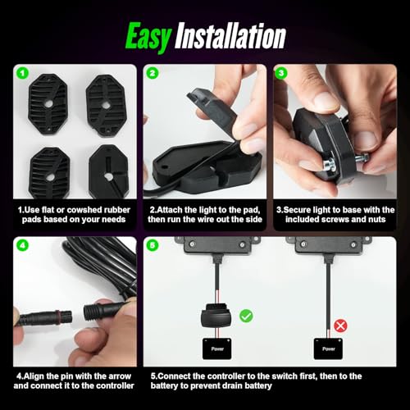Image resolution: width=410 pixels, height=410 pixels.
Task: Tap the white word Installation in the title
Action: pos(230,36)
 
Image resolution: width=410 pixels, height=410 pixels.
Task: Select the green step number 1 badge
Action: pos(23,73)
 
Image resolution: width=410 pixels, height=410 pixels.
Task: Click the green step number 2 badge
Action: pos(153,73)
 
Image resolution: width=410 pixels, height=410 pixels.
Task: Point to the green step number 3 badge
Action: pos(282,73)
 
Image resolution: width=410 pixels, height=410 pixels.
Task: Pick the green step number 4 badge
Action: pos(23,245)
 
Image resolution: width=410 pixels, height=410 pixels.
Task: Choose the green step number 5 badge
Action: pos(153,245)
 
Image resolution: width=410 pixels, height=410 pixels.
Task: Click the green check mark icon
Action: pos(246,317)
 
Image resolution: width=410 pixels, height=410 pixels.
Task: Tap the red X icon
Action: pos(340,326)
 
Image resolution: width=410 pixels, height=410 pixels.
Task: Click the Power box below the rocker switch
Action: pos(217,348)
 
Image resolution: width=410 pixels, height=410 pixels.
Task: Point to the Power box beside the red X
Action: pos(328,348)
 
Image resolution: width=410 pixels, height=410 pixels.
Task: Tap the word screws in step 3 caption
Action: pos(343,219)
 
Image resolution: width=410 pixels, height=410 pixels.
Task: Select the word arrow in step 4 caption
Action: pos(119,376)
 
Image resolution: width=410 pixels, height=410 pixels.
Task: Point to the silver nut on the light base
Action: pos(330,166)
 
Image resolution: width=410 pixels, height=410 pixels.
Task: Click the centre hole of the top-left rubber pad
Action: pos(49,103)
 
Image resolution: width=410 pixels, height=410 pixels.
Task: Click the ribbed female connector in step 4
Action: pos(101,309)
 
